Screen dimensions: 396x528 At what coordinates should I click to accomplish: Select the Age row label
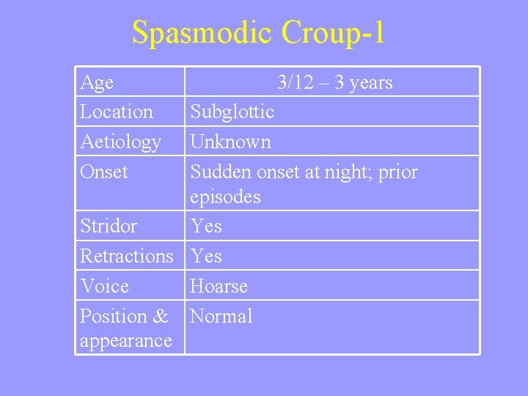tap(97, 83)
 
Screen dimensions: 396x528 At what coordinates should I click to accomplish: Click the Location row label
tap(117, 112)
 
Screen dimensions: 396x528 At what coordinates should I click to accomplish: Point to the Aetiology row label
tap(120, 142)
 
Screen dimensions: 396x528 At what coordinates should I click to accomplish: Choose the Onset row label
tap(104, 172)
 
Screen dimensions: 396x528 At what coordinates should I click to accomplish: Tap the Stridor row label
tap(109, 226)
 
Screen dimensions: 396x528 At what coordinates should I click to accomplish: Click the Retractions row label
tap(127, 256)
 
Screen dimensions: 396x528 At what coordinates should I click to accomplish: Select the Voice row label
tap(104, 286)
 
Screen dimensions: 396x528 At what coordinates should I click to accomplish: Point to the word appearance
tap(126, 341)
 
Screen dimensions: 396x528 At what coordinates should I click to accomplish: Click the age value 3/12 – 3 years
tap(335, 83)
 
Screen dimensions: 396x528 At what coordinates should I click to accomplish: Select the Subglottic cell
tap(232, 112)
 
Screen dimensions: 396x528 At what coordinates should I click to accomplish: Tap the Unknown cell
tap(231, 142)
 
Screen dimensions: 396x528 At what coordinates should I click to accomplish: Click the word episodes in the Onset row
tap(225, 197)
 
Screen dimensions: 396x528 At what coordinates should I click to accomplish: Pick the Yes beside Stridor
tap(206, 226)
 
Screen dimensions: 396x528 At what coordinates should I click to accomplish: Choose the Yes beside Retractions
tap(206, 256)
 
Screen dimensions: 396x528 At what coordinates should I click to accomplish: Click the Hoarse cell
tap(219, 286)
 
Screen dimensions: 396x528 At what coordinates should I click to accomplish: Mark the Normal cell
tap(221, 316)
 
